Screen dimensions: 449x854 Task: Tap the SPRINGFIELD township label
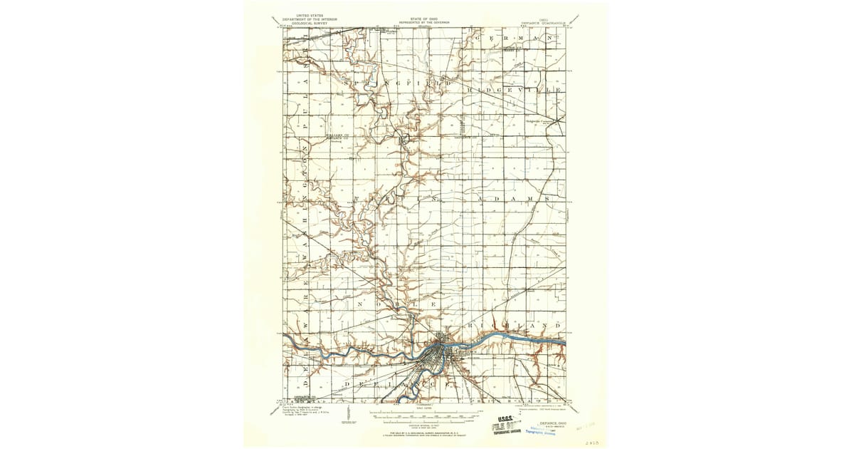click(x=399, y=83)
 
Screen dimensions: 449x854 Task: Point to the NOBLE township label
click(x=391, y=302)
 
